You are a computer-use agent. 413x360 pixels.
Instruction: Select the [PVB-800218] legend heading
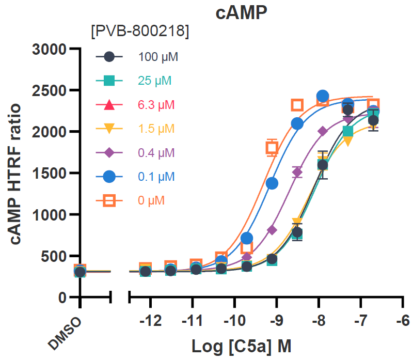click(139, 32)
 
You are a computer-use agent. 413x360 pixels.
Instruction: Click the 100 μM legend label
click(158, 57)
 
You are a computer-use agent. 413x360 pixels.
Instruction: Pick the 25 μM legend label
click(155, 81)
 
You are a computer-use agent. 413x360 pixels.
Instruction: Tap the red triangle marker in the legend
click(109, 105)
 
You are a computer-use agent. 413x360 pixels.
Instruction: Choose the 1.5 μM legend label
click(156, 129)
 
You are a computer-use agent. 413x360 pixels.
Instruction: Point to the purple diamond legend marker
click(109, 153)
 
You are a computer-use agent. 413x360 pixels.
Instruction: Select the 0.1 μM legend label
click(156, 177)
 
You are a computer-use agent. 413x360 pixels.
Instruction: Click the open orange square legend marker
click(109, 200)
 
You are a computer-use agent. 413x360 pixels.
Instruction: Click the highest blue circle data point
click(323, 96)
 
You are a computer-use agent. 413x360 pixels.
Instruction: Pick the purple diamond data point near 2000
click(323, 132)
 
